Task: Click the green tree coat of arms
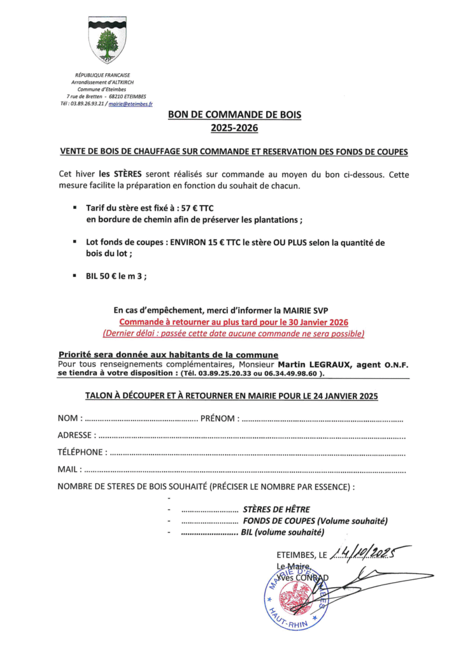pos(107,41)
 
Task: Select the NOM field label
pos(69,419)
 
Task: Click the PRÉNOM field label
pos(219,419)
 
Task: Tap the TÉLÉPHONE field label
pos(82,453)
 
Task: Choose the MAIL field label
pos(69,471)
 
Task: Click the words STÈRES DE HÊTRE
pos(276,509)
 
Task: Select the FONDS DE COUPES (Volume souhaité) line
pos(315,521)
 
